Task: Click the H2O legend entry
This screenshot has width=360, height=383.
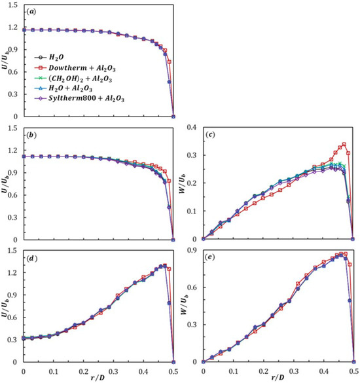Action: pyautogui.click(x=49, y=58)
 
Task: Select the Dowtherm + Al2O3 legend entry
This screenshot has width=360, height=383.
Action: pyautogui.click(x=75, y=68)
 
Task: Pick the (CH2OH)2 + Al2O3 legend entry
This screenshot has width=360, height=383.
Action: pyautogui.click(x=73, y=79)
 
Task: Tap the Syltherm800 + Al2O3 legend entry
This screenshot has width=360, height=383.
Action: pyautogui.click(x=79, y=99)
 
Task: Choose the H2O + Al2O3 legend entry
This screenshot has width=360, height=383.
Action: pyautogui.click(x=63, y=88)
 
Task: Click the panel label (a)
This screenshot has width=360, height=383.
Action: pyautogui.click(x=31, y=12)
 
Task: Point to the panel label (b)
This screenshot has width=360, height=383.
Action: pyautogui.click(x=31, y=135)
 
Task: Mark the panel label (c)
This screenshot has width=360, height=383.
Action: pyautogui.click(x=211, y=135)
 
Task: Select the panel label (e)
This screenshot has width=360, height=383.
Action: pyautogui.click(x=210, y=257)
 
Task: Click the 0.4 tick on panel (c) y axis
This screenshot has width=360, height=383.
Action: pyautogui.click(x=192, y=127)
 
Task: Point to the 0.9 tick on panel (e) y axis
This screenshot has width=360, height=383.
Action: pyautogui.click(x=192, y=250)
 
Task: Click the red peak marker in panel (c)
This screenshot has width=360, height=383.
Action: pyautogui.click(x=344, y=144)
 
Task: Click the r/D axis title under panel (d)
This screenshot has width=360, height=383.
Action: pyautogui.click(x=98, y=377)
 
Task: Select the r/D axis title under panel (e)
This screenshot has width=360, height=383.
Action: pyautogui.click(x=278, y=377)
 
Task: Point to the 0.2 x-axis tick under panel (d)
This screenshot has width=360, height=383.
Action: pyautogui.click(x=83, y=371)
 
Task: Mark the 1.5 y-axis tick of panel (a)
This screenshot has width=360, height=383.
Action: pyautogui.click(x=13, y=5)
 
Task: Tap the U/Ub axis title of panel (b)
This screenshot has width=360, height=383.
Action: pyautogui.click(x=5, y=183)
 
